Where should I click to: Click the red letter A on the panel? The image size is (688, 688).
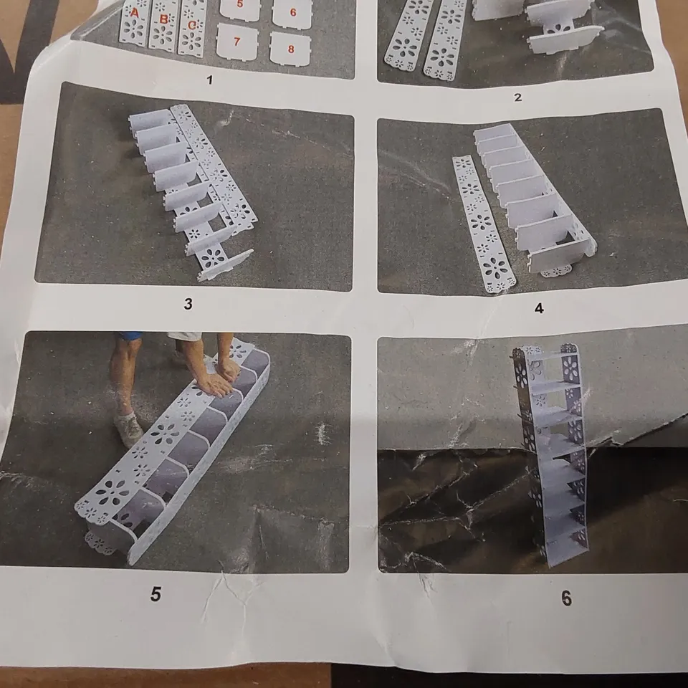tap(134, 13)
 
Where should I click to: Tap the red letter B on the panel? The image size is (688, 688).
tap(163, 19)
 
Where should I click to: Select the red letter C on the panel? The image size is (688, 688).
tap(192, 26)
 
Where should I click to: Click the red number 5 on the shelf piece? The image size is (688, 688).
tap(239, 4)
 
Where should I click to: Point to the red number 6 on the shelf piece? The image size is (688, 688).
tap(292, 12)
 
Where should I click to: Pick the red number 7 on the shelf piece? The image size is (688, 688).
tap(237, 42)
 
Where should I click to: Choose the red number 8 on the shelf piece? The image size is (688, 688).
tap(291, 49)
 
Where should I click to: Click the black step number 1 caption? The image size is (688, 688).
tap(209, 80)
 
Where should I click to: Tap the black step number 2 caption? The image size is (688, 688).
tap(517, 97)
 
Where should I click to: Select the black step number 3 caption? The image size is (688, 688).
tap(188, 304)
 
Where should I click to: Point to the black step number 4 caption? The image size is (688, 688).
tap(539, 308)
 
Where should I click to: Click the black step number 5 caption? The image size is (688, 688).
tap(156, 594)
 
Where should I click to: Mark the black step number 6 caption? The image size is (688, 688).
tap(566, 598)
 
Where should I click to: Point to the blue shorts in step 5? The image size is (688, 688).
tap(130, 336)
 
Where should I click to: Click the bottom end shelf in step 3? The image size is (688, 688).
tap(226, 264)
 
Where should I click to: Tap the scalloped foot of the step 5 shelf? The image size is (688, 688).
tap(101, 543)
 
